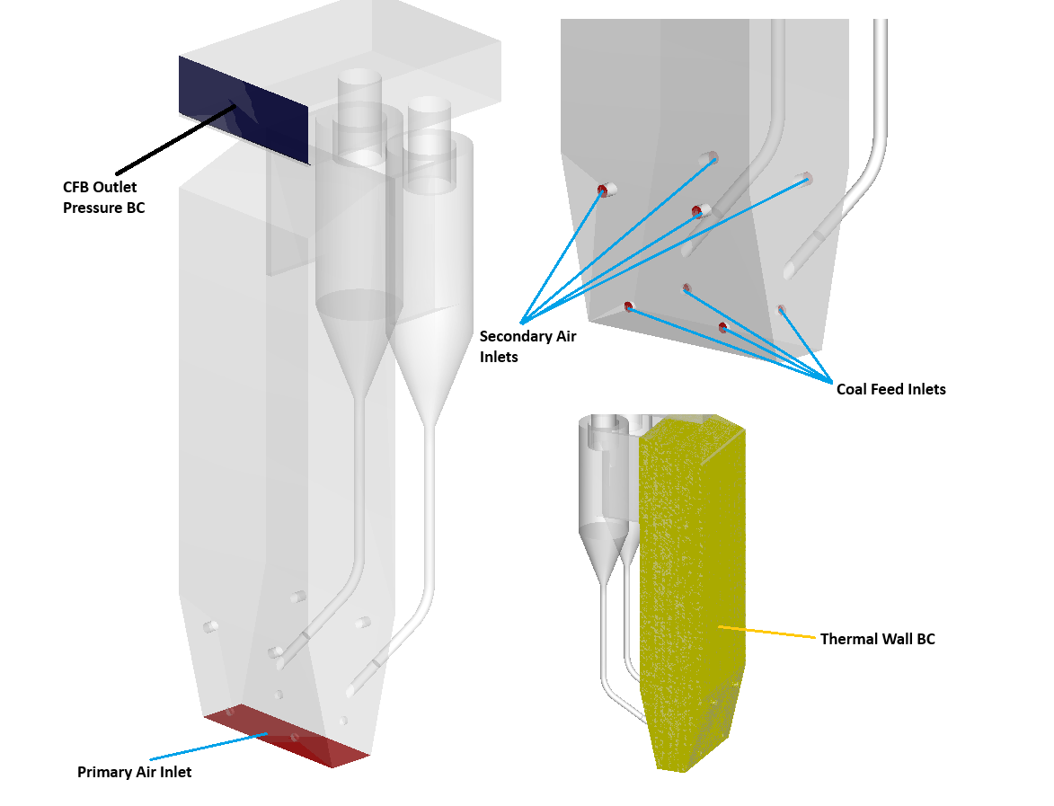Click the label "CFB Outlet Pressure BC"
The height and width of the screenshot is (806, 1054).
pyautogui.click(x=103, y=198)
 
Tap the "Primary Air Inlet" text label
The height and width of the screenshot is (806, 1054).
pyautogui.click(x=134, y=772)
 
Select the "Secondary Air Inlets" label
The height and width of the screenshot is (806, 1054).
pyautogui.click(x=527, y=346)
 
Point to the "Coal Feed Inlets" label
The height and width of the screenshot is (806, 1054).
pyautogui.click(x=890, y=389)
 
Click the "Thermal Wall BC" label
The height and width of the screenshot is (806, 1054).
pyautogui.click(x=877, y=639)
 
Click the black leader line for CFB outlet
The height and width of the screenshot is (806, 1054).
pyautogui.click(x=171, y=142)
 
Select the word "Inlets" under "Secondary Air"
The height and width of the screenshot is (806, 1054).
pyautogui.click(x=499, y=357)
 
